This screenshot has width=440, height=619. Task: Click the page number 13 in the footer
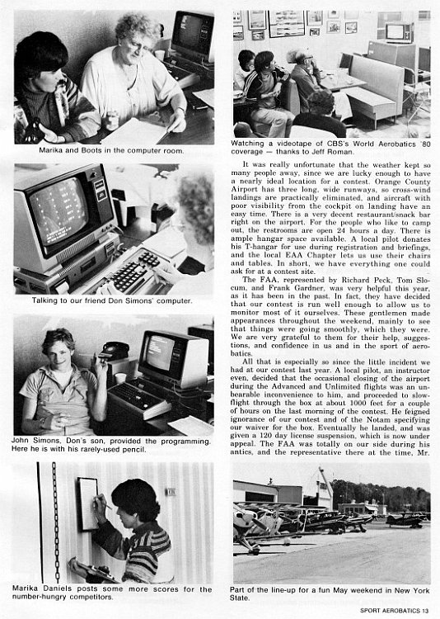[425, 610]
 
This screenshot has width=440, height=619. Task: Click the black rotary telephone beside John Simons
[115, 351]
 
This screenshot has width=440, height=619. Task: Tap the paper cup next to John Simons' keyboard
[120, 378]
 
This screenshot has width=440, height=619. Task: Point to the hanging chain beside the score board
[56, 522]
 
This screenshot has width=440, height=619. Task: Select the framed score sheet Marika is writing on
[88, 504]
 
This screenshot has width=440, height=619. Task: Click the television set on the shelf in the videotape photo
[399, 32]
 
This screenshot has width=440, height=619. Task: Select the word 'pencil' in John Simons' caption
[135, 449]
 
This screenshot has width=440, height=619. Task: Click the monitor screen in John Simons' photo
[160, 352]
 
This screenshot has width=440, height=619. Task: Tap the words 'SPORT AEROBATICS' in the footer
[390, 610]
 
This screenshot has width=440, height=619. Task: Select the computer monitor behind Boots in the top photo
[193, 36]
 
